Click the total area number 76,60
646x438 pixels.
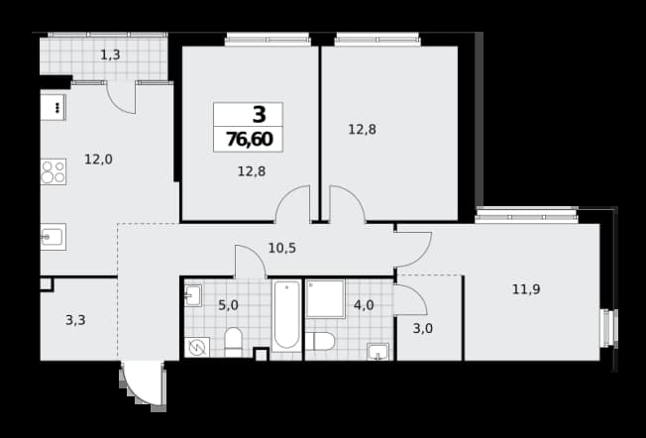coord(250,140)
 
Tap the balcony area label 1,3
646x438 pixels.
coord(110,55)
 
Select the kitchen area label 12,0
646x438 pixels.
coord(98,160)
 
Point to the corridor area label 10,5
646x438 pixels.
coord(282,248)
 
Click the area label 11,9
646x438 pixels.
coord(526,289)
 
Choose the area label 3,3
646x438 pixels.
coord(75,320)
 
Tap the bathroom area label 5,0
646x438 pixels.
coord(228,305)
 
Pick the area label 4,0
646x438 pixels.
coord(364,305)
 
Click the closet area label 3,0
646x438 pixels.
coord(423,329)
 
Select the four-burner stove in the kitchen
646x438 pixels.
coord(54,171)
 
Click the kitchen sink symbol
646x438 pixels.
coord(54,237)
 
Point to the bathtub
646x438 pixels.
coord(286,315)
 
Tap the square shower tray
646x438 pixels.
coord(325,298)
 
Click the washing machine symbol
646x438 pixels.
coord(197,348)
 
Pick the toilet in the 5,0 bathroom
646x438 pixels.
coord(234,343)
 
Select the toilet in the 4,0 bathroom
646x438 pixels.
coord(320,342)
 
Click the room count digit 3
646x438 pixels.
coord(260,115)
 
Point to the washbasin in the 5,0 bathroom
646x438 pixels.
coord(193,295)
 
